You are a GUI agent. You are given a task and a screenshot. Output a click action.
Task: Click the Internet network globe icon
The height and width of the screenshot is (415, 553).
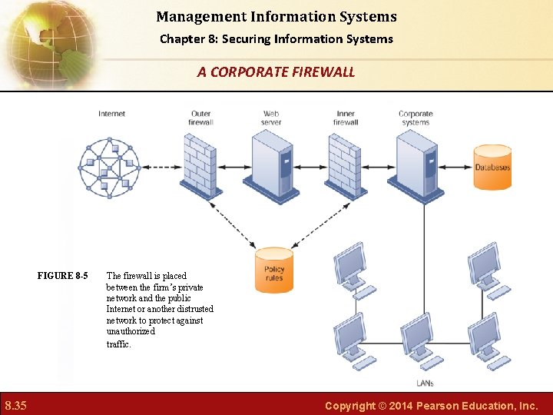tap(110, 166)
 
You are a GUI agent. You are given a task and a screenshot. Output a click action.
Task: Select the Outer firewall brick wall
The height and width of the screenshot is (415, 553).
tap(200, 166)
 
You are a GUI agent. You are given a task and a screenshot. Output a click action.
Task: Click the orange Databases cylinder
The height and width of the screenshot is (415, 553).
tap(492, 167)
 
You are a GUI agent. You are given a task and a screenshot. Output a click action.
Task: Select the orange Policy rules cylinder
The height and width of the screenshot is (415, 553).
tap(274, 270)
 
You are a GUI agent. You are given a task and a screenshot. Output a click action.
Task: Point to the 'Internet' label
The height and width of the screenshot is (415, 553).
tap(111, 114)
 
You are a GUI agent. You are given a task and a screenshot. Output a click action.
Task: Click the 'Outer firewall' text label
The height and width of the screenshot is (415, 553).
tap(200, 118)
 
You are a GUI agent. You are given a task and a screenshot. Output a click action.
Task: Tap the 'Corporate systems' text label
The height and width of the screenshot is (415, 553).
tap(416, 118)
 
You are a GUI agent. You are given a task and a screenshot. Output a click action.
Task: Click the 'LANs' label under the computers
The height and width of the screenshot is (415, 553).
tap(425, 383)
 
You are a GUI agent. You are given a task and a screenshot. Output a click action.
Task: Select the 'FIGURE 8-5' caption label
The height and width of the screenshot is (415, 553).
tap(62, 276)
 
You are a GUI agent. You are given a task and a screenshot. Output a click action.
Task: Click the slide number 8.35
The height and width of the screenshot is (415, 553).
tap(16, 405)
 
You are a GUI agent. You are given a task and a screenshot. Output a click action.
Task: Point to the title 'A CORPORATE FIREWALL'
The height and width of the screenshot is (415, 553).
tap(276, 72)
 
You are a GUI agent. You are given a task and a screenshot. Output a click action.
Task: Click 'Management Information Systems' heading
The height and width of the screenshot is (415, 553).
tap(276, 16)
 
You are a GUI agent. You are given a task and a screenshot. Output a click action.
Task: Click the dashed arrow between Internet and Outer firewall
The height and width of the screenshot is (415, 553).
tap(162, 167)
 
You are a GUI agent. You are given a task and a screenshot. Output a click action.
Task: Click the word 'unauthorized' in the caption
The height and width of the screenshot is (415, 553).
tap(131, 331)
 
